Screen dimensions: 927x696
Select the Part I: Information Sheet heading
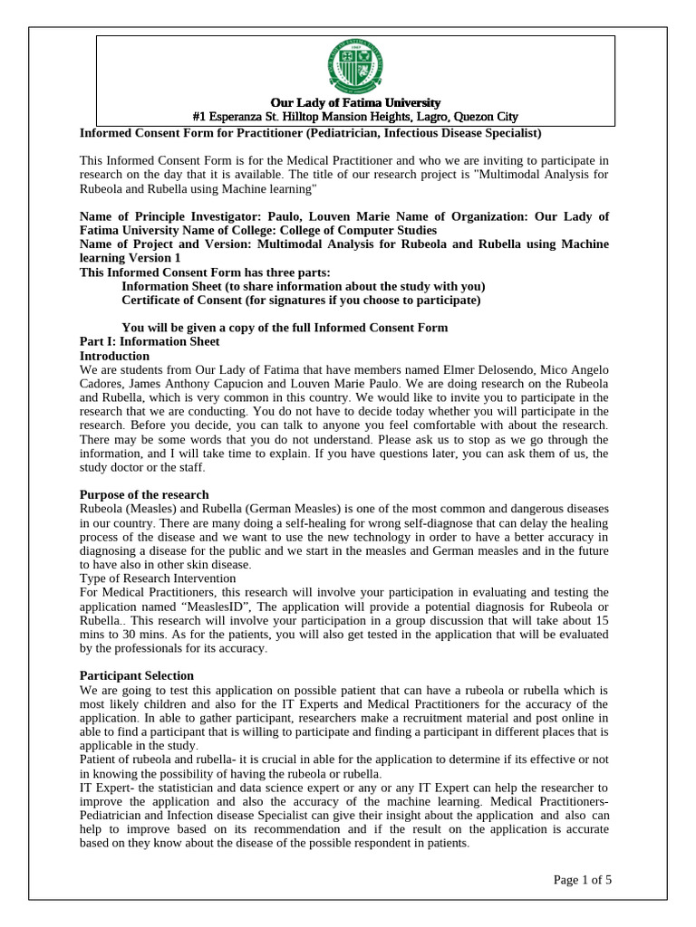[x=150, y=341]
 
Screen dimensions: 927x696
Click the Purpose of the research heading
[x=144, y=494]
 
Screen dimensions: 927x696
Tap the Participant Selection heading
[x=137, y=675]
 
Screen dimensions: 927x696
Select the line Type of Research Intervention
[x=158, y=578]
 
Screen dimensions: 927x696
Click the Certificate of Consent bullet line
[x=301, y=300]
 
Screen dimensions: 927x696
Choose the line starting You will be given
[x=285, y=327]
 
